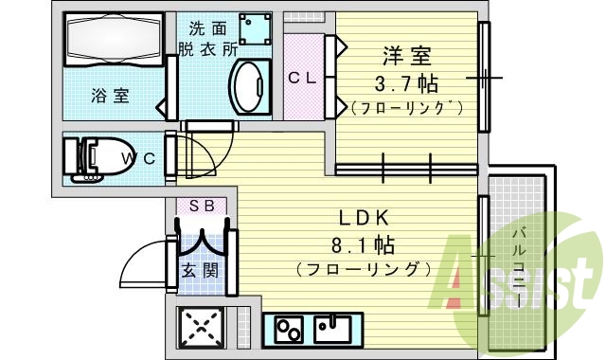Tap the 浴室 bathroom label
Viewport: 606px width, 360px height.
(110, 95)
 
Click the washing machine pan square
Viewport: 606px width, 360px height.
(255, 28)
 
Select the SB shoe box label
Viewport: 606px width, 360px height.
(200, 205)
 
